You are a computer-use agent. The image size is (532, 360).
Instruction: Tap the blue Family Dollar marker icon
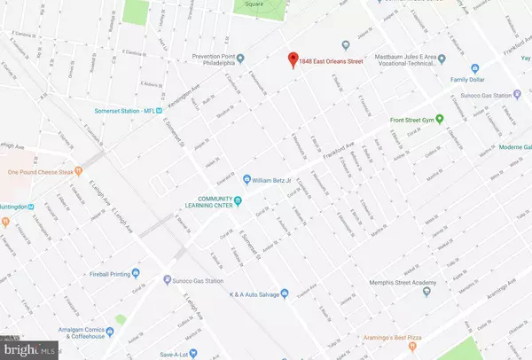(475, 67)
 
